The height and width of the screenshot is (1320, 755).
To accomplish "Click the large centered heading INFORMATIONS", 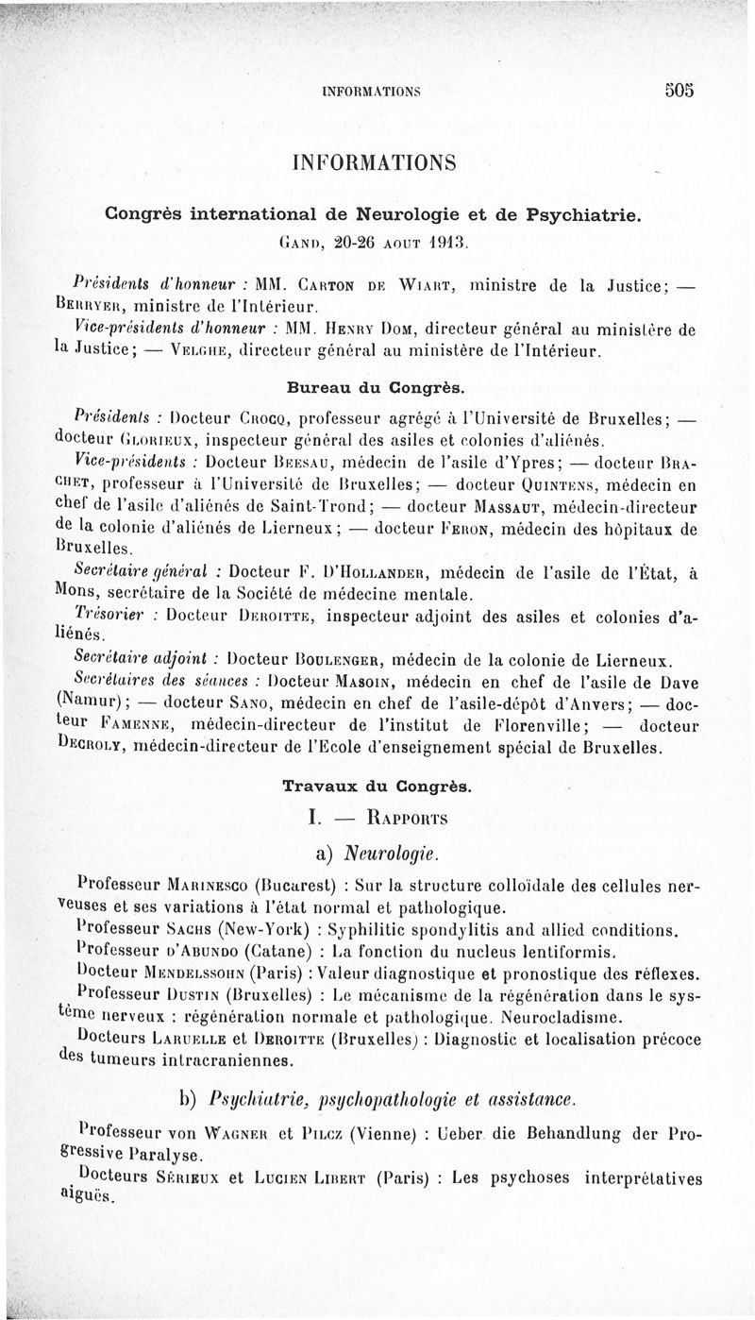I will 375,162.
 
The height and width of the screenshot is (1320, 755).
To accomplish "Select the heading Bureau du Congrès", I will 375,387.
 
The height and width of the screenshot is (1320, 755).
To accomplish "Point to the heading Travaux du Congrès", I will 378,785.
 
